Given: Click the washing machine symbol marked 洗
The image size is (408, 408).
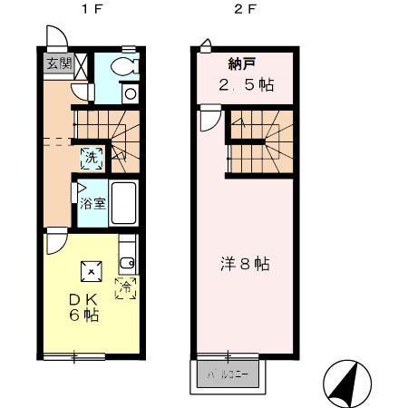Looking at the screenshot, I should [91, 157].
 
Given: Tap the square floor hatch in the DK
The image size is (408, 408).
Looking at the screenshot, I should [91, 270].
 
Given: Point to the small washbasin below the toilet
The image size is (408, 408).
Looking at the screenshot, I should [130, 92].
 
